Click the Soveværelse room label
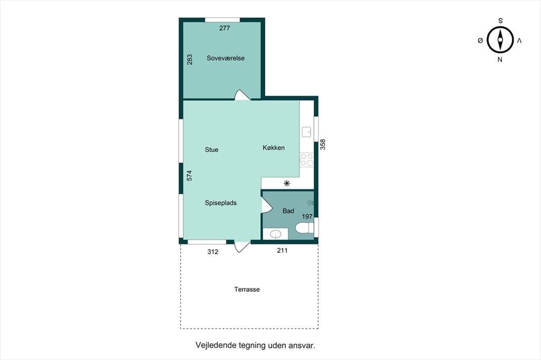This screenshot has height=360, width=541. point(226,58)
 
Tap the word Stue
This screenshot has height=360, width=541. point(211,150)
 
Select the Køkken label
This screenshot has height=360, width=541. point(274,148)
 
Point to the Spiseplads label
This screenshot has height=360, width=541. point(221,203)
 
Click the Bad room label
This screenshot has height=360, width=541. point(288,211)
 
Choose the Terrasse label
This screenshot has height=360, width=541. point(247,289)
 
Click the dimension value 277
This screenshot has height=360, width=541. point(225,29)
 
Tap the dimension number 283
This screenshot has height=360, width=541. point(190,59)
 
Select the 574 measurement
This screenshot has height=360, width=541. point(189,176)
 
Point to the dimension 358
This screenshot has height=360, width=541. point(323,144)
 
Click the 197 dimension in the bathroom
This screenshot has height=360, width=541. point(307,216)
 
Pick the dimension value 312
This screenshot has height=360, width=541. point(213,252)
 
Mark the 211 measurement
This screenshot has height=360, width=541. point(282,250)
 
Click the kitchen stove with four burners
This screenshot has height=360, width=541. point(306,159)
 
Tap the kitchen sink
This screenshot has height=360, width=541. point(306,132)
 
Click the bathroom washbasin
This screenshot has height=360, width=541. point(275,234)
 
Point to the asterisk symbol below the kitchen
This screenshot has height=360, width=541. point(287,184)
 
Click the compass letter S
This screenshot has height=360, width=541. point(500,21)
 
